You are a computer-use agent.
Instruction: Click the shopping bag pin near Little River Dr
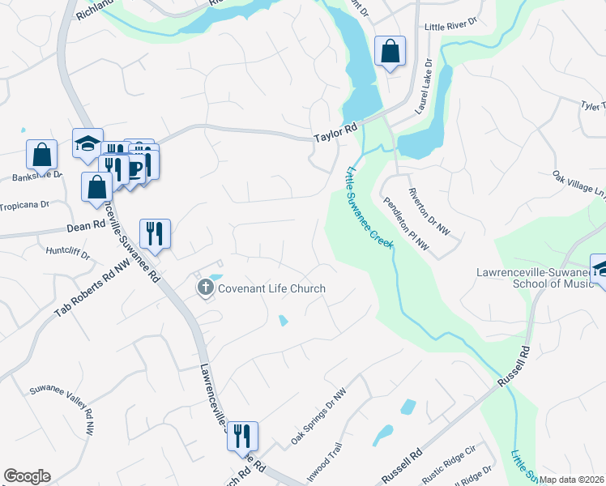tap(390, 52)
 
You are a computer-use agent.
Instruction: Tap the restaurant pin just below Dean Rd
tap(155, 234)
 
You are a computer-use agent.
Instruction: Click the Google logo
tap(27, 476)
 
